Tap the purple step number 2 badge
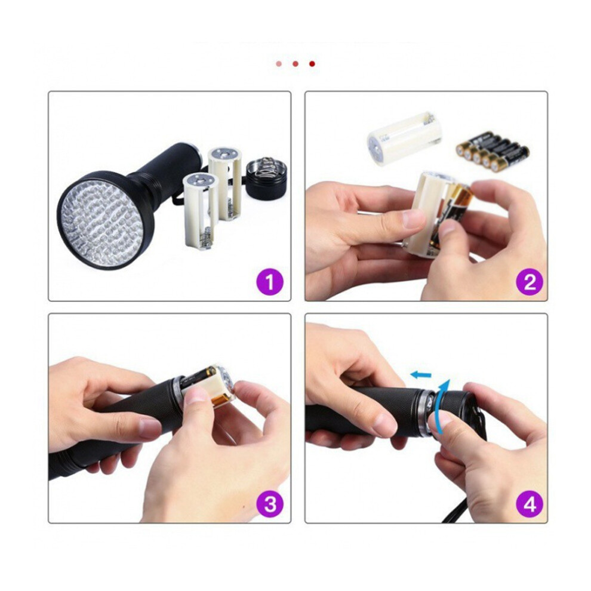(530, 282)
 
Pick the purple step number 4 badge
(530, 504)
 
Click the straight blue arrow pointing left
(421, 375)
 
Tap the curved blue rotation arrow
(440, 407)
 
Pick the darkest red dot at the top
(312, 64)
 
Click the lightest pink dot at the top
(279, 64)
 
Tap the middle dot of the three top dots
(295, 64)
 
